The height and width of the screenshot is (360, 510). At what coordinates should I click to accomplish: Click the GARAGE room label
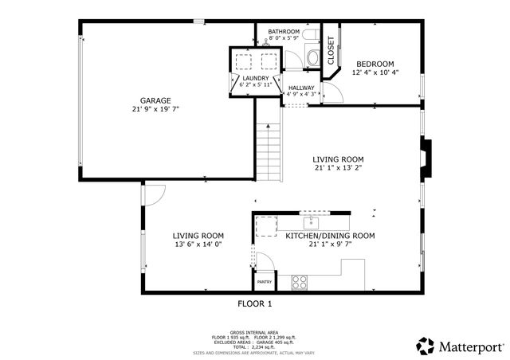(x=156, y=100)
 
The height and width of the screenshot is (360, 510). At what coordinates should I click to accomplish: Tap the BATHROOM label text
(x=284, y=32)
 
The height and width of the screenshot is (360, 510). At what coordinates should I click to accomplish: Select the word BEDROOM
(x=375, y=65)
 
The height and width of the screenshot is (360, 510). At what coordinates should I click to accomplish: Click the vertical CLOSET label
(x=331, y=49)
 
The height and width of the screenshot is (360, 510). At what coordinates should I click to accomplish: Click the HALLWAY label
(x=301, y=88)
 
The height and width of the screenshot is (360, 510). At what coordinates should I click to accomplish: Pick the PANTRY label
(x=265, y=281)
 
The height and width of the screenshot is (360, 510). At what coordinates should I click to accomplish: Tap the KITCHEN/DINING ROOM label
(x=330, y=236)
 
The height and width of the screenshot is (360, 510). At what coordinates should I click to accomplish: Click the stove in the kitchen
(x=300, y=281)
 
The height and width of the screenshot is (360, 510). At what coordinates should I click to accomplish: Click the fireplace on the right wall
(x=428, y=155)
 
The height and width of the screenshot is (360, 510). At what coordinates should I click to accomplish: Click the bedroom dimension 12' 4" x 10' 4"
(x=375, y=72)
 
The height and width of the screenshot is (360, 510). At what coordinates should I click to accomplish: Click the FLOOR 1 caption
(x=255, y=303)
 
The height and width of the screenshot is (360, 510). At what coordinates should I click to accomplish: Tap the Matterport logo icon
(x=426, y=346)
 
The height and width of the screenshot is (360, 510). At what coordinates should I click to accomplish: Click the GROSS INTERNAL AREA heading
(x=255, y=331)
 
